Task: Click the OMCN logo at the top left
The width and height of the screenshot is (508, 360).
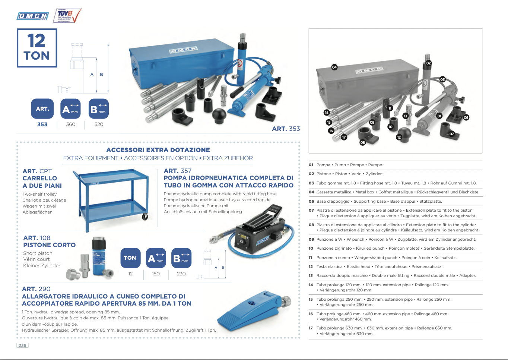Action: pyautogui.click(x=33, y=16)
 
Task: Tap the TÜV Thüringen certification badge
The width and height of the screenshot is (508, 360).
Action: pyautogui.click(x=67, y=15)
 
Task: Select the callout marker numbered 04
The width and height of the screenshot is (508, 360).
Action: pyautogui.click(x=334, y=67)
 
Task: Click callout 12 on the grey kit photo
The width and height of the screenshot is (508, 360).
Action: pyautogui.click(x=399, y=137)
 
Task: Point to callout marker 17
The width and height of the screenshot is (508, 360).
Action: pyautogui.click(x=344, y=137)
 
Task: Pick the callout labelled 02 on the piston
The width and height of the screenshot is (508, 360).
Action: pyautogui.click(x=428, y=63)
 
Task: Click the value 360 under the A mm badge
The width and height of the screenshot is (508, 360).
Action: pyautogui.click(x=70, y=124)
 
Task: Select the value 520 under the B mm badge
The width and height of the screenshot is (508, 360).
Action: pyautogui.click(x=99, y=124)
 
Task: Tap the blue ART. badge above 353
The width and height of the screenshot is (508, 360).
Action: pyautogui.click(x=42, y=108)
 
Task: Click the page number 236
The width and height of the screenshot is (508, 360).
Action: pyautogui.click(x=22, y=345)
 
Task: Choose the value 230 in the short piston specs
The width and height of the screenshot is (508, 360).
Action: pyautogui.click(x=181, y=274)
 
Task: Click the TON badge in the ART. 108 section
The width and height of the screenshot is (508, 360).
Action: pyautogui.click(x=130, y=258)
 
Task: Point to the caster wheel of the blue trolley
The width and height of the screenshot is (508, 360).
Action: pyautogui.click(x=145, y=217)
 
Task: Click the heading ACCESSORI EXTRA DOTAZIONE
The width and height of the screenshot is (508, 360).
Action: pyautogui.click(x=158, y=150)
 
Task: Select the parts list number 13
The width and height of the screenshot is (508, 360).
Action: pyautogui.click(x=311, y=275)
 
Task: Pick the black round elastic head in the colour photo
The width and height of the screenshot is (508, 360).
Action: pyautogui.click(x=219, y=116)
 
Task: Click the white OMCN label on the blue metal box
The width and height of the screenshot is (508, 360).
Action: pyautogui.click(x=184, y=50)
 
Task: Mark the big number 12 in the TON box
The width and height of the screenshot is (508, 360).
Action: pyautogui.click(x=36, y=41)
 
